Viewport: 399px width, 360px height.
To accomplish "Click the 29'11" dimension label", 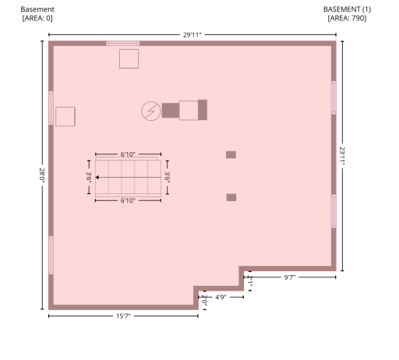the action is point(192,35).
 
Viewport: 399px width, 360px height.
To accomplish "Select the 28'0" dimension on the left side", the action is point(42,175).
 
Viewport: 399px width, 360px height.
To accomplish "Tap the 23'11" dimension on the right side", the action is point(342,157).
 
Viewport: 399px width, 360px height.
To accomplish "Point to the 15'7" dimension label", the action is point(123,316).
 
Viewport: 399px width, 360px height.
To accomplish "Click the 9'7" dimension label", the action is point(290,277).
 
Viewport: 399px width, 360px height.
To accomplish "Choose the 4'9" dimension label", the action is point(221,297).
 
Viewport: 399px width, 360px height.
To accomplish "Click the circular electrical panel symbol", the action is point(151,111).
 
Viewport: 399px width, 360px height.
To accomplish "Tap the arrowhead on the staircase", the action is point(97,177).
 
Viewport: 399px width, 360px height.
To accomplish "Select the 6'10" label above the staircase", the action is point(128,154).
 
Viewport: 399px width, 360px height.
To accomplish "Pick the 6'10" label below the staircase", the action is point(128,200).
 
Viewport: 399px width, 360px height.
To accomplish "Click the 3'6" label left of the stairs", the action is point(89,177).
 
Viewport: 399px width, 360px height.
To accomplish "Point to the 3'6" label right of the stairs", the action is point(168,177).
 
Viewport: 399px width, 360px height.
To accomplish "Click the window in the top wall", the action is point(123,44).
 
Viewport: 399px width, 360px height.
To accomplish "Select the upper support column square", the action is point(231,155).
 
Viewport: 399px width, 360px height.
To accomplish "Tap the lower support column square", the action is point(231,197).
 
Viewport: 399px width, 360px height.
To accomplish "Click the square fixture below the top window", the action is point(129,59).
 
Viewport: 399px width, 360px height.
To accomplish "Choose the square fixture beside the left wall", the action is point(65,117).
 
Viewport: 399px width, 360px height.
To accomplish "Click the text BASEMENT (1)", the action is point(347,9).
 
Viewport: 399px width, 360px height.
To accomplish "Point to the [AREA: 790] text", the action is point(347,18).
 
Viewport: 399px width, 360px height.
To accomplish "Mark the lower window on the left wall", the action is point(51,255).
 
